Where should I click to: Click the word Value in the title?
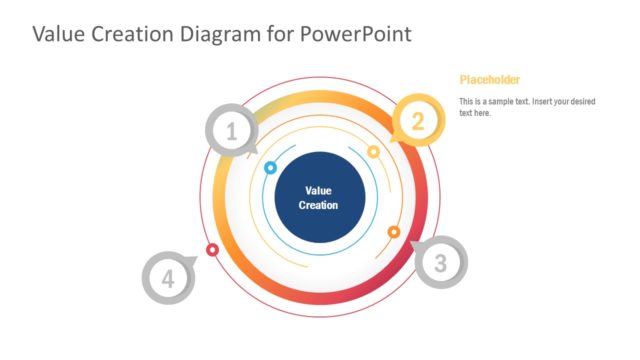coord(61,34)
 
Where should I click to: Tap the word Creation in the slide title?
coord(137,34)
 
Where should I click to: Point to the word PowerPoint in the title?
coord(355,34)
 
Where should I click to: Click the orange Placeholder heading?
coord(489,80)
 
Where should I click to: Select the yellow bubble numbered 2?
coord(418,121)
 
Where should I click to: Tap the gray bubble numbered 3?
coord(439,264)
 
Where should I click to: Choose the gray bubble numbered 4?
coord(167,279)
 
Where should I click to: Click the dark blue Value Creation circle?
coord(319,197)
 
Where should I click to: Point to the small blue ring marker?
coord(270,168)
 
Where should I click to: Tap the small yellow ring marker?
coord(373,152)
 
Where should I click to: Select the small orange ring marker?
coord(394,232)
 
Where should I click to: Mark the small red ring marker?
coord(212,249)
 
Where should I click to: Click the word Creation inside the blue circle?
coord(319,205)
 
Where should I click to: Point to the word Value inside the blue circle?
coord(318,190)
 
